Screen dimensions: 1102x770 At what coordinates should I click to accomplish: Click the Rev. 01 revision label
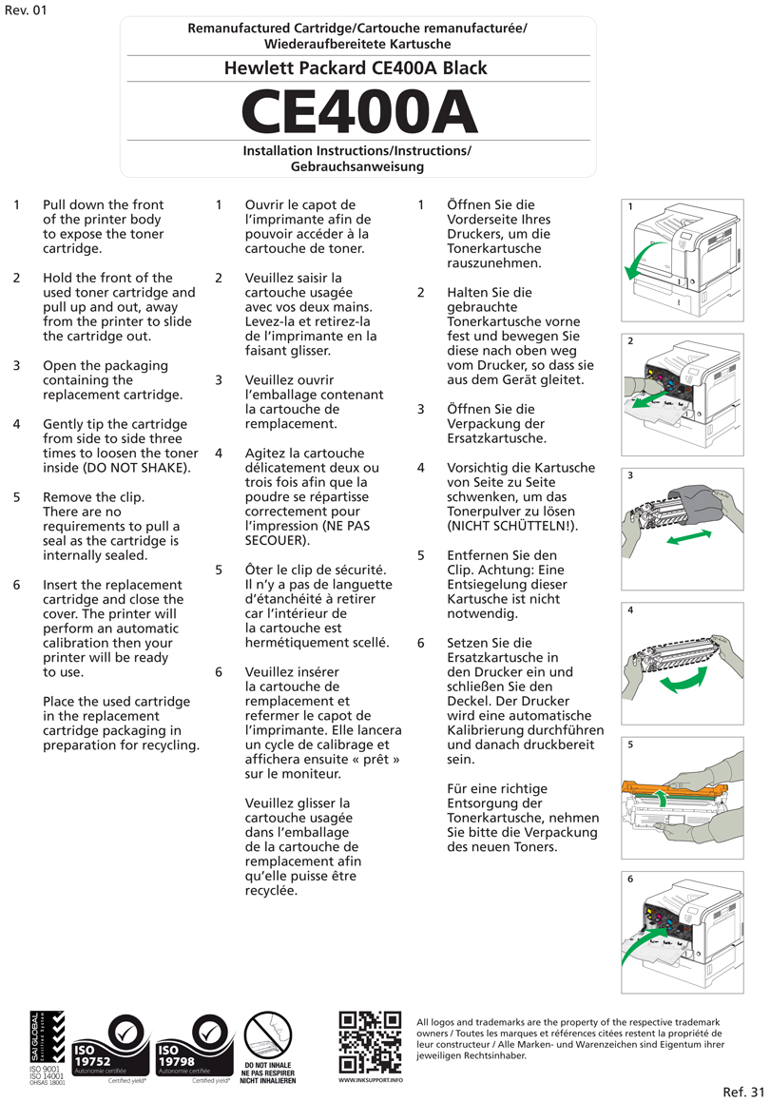(26, 10)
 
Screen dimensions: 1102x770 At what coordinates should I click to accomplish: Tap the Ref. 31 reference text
(742, 1091)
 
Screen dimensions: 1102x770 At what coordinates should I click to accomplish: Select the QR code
(370, 1042)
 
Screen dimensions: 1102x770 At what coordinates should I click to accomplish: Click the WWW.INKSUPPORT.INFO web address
(370, 1081)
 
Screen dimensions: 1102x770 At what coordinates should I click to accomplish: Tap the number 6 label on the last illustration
(630, 880)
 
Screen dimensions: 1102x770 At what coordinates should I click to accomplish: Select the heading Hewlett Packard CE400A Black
(356, 68)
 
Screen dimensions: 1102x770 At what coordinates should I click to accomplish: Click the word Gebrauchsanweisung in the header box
(356, 166)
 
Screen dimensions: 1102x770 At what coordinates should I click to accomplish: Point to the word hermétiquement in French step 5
(291, 643)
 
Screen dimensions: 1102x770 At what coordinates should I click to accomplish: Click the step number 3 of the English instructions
(17, 365)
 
